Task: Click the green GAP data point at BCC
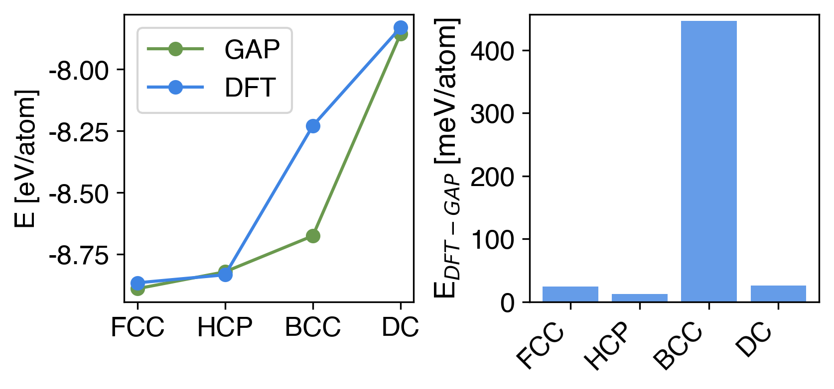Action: pyautogui.click(x=313, y=236)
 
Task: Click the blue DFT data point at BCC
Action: pyautogui.click(x=313, y=126)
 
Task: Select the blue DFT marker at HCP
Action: pyautogui.click(x=225, y=274)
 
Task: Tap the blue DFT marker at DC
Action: pyautogui.click(x=400, y=27)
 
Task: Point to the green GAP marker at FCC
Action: pyautogui.click(x=138, y=289)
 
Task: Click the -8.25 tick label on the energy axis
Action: pyautogui.click(x=79, y=132)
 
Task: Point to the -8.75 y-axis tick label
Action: pyautogui.click(x=79, y=256)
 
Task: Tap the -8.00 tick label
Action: pyautogui.click(x=79, y=71)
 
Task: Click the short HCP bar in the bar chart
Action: pyautogui.click(x=640, y=298)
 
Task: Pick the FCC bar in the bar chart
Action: pyautogui.click(x=570, y=294)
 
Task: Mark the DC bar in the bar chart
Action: pyautogui.click(x=778, y=293)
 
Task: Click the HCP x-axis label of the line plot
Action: pyautogui.click(x=225, y=327)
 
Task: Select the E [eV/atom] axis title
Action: pyautogui.click(x=26, y=159)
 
